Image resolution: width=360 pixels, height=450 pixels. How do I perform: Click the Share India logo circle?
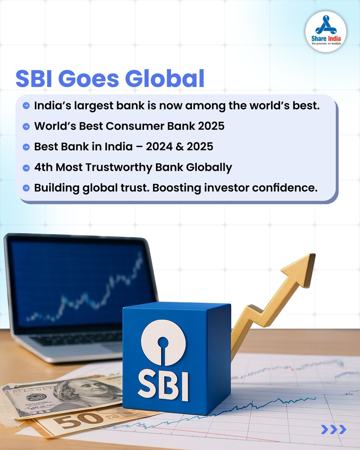point(325,31)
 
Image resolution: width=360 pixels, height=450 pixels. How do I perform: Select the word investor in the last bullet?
point(247,187)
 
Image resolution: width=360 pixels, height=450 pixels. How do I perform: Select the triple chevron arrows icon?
point(333,429)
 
